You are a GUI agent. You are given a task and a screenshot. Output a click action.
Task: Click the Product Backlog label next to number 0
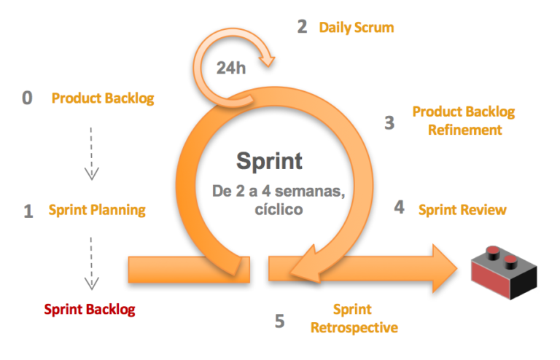click(x=103, y=98)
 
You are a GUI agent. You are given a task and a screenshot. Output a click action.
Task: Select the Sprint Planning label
click(x=97, y=211)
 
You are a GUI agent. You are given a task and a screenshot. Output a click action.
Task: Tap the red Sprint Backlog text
click(x=90, y=309)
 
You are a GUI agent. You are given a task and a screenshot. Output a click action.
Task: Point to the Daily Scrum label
click(x=356, y=28)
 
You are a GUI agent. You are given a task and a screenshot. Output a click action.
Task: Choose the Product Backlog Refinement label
click(x=463, y=121)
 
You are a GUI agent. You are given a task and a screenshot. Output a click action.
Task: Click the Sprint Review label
click(x=462, y=210)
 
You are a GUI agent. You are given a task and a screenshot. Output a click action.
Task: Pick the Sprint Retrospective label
click(x=354, y=318)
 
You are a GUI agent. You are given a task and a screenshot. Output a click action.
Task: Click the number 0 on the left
click(x=28, y=98)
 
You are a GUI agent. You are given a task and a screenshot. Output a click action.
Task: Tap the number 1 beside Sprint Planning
click(x=28, y=211)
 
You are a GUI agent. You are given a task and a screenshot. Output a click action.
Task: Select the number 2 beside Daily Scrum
click(x=302, y=27)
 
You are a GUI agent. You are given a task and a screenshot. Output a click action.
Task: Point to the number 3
click(x=389, y=122)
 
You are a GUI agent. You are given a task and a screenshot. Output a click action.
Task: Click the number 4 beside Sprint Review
click(x=399, y=208)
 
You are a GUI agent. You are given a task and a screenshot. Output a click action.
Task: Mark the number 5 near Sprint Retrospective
click(x=280, y=320)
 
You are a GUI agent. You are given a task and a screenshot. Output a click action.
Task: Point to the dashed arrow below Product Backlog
click(x=91, y=153)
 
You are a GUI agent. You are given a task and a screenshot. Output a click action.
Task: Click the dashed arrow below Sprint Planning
click(x=91, y=262)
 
